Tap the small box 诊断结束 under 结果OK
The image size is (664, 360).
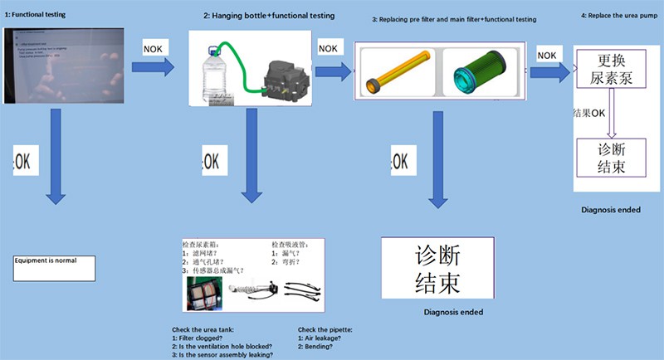(611, 157)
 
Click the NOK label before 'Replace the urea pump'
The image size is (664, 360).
(547, 55)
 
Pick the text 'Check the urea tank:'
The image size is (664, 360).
(204, 330)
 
